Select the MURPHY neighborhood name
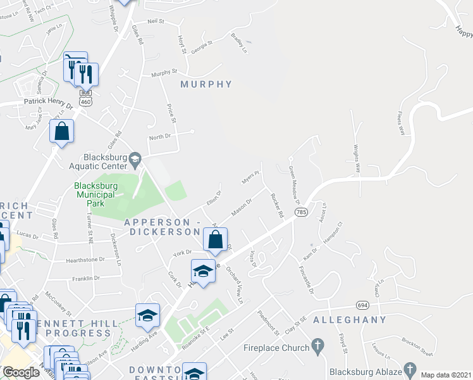pyautogui.click(x=206, y=84)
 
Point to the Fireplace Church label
pyautogui.click(x=276, y=347)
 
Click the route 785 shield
pyautogui.click(x=300, y=212)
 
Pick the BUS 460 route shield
pyautogui.click(x=85, y=96)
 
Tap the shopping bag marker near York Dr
pyautogui.click(x=215, y=241)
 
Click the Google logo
pyautogui.click(x=21, y=372)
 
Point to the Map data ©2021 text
pyautogui.click(x=446, y=375)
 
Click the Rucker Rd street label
pyautogui.click(x=276, y=206)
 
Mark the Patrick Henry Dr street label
pyautogui.click(x=49, y=100)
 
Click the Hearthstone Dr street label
pyautogui.click(x=85, y=260)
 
